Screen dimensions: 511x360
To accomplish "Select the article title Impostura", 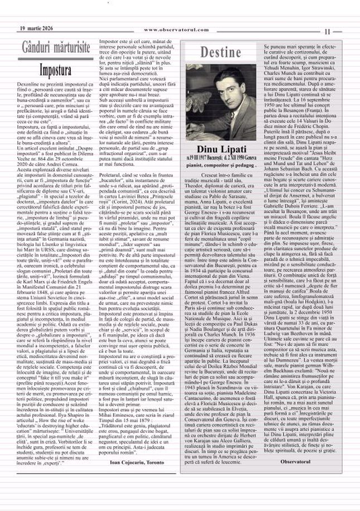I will coord(55,70).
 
